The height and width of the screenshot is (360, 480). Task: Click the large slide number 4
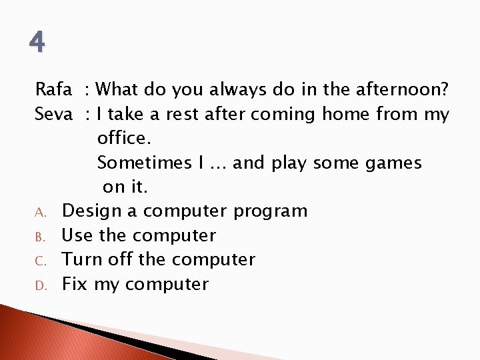coord(37,43)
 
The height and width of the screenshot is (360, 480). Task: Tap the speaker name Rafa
coord(53,89)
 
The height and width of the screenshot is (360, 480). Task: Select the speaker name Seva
coord(53,114)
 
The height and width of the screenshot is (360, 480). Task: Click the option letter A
coord(41,213)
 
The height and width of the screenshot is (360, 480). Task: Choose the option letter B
coord(40,237)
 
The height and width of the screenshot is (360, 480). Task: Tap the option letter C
coord(40,261)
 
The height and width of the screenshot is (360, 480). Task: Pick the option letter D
coord(41,285)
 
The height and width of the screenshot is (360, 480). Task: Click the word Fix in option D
coord(75,284)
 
